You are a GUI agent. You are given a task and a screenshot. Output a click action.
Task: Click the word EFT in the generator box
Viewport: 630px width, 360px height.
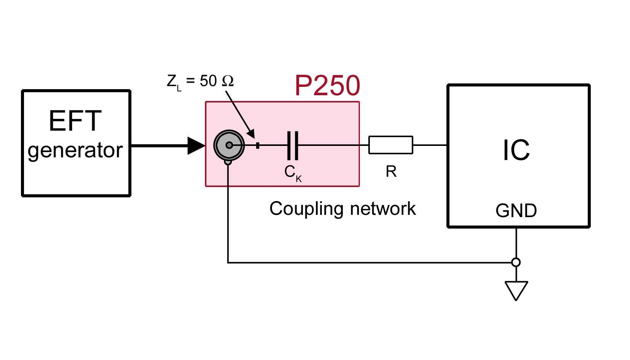coord(75,121)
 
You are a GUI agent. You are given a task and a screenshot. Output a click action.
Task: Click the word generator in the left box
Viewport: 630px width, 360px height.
coord(75,150)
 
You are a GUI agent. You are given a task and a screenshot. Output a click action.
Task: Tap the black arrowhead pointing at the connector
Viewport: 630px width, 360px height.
coord(196,145)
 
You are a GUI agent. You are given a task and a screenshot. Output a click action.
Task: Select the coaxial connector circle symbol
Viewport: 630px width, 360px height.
coord(229,145)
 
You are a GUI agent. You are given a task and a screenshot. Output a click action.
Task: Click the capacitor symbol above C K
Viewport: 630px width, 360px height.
coord(293,145)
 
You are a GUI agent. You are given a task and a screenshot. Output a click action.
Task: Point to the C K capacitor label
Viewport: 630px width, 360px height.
coord(293,173)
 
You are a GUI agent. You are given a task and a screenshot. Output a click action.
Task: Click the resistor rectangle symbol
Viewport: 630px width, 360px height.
coord(390,145)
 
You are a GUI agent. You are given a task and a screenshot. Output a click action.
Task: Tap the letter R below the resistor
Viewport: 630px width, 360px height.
coord(391,172)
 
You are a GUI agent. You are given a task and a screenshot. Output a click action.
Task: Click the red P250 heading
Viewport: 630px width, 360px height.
coord(327,86)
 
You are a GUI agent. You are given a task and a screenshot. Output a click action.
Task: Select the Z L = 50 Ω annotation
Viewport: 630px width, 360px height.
coord(200,81)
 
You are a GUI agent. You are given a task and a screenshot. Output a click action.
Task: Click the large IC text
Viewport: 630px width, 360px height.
coord(516,150)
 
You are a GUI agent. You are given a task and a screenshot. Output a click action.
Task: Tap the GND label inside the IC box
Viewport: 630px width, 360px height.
coord(516,211)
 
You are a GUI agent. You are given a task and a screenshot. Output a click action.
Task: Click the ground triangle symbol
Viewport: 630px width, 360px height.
coord(516,290)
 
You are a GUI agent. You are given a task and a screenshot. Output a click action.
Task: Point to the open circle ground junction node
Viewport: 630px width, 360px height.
coord(516,262)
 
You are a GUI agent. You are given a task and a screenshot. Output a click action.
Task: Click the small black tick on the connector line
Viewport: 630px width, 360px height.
coord(258,145)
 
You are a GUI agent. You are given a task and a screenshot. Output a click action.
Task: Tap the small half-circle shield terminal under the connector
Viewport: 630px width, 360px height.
coord(228,162)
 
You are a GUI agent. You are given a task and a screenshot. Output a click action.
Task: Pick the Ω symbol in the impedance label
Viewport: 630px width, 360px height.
coord(227,81)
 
